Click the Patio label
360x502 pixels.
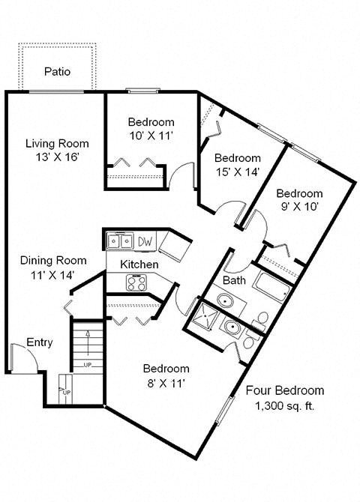(57, 73)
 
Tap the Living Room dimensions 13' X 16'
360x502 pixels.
(57, 157)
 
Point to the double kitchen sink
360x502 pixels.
(118, 241)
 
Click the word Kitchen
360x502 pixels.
(139, 264)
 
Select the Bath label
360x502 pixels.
(234, 280)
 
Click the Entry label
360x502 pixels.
(40, 342)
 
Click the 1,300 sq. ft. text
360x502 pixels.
(284, 406)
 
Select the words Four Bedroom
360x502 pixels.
(285, 390)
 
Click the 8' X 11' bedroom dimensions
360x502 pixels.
(166, 383)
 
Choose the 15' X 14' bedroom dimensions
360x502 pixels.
(238, 172)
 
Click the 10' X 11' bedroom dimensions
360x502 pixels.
(151, 136)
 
